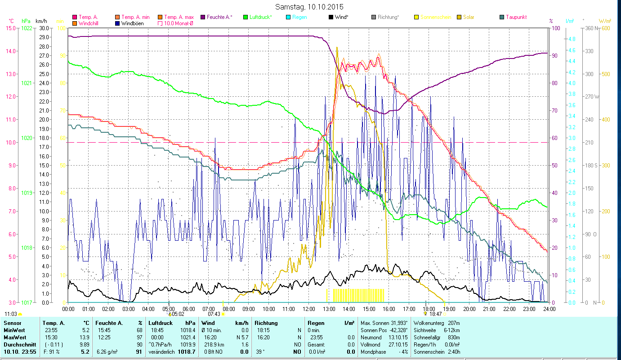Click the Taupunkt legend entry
pyautogui.click(x=516, y=17)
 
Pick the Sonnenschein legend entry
pyautogui.click(x=435, y=17)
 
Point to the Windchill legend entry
pyautogui.click(x=90, y=23)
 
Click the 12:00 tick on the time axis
pyautogui.click(x=309, y=309)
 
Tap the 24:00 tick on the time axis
pyautogui.click(x=549, y=309)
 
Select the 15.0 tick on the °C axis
pyautogui.click(x=10, y=28)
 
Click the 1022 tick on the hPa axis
pyautogui.click(x=27, y=28)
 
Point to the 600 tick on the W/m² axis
pyautogui.click(x=605, y=28)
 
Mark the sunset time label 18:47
pyautogui.click(x=435, y=314)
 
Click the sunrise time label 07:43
pyautogui.click(x=214, y=314)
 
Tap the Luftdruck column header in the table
pyautogui.click(x=161, y=323)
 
